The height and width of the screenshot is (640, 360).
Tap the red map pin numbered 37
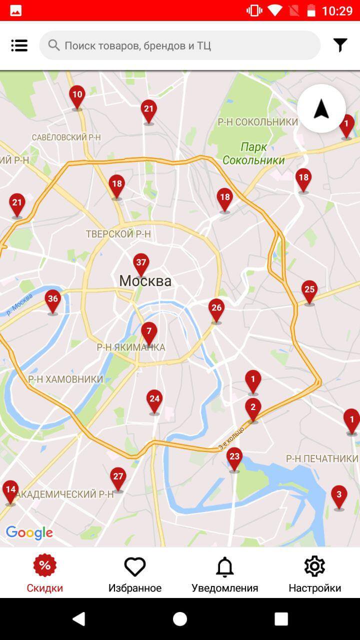coord(141,263)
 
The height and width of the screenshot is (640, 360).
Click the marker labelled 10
coord(77,95)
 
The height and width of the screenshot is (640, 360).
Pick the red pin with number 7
coord(148,332)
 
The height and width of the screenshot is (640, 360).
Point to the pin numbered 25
coord(309,290)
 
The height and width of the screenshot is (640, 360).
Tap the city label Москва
coord(145,281)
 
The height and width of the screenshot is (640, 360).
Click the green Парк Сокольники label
coord(253,153)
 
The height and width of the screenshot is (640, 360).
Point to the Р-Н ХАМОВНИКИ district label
coord(65,379)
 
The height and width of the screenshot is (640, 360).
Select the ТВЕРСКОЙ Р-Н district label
coord(118,234)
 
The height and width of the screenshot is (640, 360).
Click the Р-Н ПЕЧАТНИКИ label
coord(322,458)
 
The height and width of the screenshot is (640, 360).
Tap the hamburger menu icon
coord(19,45)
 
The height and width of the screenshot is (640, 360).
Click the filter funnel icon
coord(340,45)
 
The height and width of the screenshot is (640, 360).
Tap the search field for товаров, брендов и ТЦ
coord(180,45)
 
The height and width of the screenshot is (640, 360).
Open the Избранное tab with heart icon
coord(135,574)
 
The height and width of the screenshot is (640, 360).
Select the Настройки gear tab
coord(314,574)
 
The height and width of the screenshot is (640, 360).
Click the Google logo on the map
coord(29,533)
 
